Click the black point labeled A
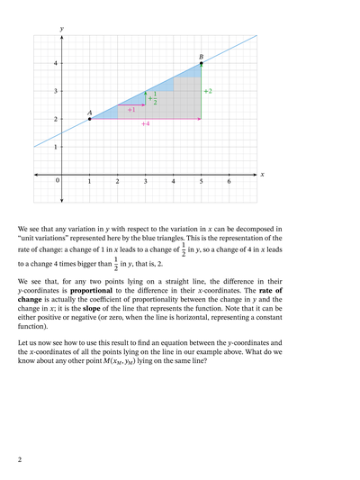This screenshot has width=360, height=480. (89, 118)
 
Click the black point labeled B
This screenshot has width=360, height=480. (201, 63)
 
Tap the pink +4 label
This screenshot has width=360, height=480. (145, 123)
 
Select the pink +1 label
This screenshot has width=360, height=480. (130, 109)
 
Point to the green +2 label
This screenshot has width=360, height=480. (207, 91)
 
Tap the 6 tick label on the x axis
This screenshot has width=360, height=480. (229, 182)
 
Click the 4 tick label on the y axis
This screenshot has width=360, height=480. (56, 63)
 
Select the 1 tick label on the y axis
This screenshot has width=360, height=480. (56, 146)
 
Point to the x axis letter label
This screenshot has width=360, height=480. (262, 174)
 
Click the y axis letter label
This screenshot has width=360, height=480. (61, 30)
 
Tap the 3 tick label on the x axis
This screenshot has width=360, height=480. (145, 182)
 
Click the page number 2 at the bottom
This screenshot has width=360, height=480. (20, 459)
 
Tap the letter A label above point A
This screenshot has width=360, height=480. (89, 112)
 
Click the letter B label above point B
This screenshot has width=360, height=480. (201, 57)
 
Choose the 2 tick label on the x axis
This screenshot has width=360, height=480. (117, 182)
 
